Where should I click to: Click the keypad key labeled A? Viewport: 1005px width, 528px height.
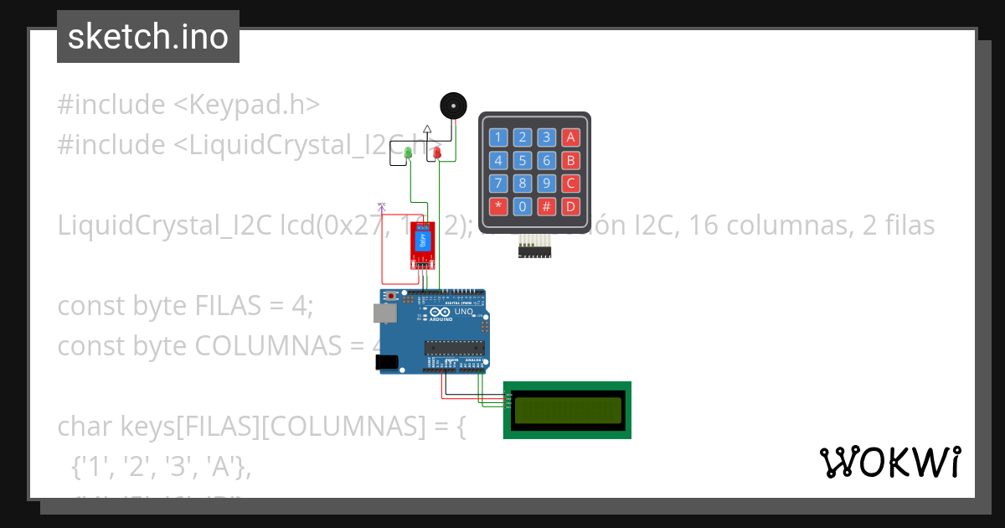click(x=570, y=137)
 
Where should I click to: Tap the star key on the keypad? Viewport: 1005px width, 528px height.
click(x=498, y=205)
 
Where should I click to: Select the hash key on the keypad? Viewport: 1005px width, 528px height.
click(x=546, y=205)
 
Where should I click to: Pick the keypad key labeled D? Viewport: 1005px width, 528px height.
click(x=570, y=205)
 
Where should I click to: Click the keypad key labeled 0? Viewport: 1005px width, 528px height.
click(x=522, y=205)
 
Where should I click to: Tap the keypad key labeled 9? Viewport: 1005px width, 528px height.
click(x=546, y=183)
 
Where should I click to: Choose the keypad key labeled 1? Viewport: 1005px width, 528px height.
click(x=498, y=137)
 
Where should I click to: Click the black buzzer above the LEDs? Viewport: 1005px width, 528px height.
click(x=453, y=106)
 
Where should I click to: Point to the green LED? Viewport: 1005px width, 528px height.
click(x=408, y=153)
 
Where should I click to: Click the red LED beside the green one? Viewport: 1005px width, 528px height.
click(x=436, y=153)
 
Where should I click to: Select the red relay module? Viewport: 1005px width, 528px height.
click(x=422, y=242)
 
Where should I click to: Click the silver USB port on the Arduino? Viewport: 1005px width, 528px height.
click(x=384, y=313)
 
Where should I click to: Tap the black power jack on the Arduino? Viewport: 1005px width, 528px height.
click(x=386, y=362)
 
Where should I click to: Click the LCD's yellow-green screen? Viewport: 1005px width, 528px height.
click(x=568, y=410)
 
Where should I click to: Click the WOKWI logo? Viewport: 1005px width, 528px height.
click(x=889, y=462)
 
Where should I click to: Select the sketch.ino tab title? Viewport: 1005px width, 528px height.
click(x=148, y=37)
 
